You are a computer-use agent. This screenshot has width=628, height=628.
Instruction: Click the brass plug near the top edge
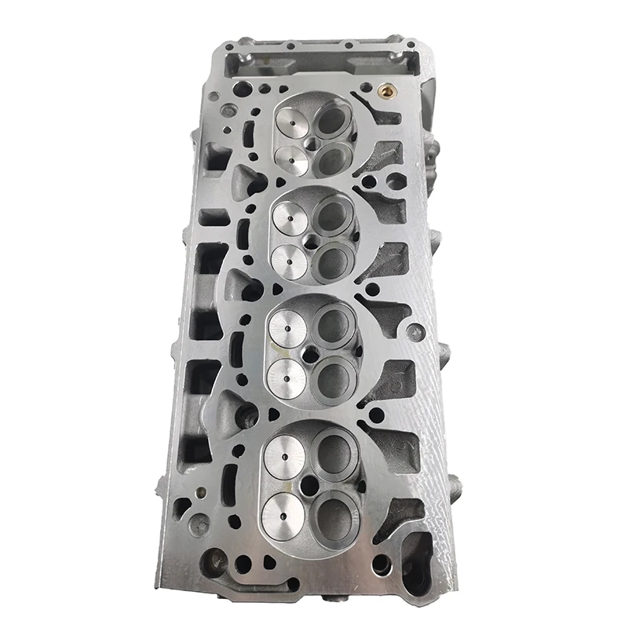[x=386, y=90]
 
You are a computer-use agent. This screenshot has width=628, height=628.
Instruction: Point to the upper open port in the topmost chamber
[x=333, y=121]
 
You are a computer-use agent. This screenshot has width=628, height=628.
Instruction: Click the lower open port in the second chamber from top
[x=333, y=261]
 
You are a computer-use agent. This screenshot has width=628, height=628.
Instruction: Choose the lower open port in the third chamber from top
[x=334, y=378]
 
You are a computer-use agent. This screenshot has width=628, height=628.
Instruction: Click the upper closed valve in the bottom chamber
[x=284, y=455]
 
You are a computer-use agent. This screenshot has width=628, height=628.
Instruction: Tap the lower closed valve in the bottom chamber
[x=283, y=514]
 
